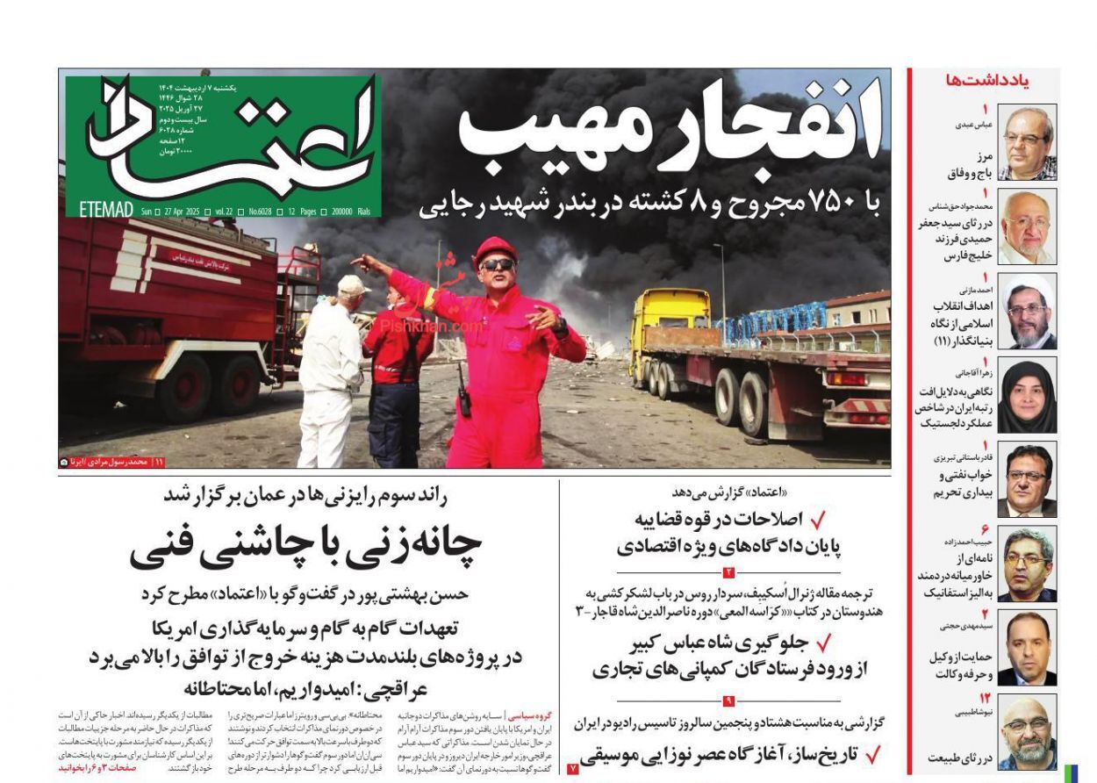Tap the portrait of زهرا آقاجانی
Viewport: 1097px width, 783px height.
[1028, 395]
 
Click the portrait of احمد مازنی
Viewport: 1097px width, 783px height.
[1028, 312]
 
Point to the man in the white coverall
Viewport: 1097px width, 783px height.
[329, 369]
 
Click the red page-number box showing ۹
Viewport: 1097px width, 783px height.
[728, 700]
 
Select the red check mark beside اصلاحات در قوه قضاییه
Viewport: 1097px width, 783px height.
[817, 520]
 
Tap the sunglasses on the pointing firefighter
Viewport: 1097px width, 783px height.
[498, 264]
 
